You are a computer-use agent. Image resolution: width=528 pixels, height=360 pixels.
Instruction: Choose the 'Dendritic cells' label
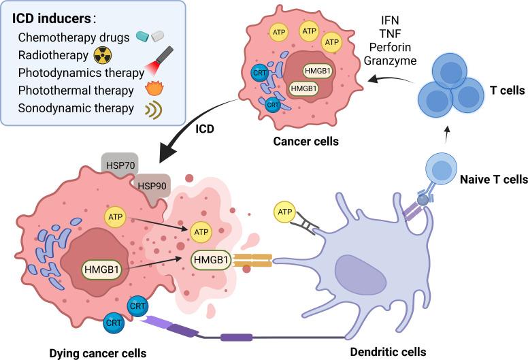pos(387,352)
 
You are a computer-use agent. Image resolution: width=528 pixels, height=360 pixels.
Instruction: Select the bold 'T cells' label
pos(495,91)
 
